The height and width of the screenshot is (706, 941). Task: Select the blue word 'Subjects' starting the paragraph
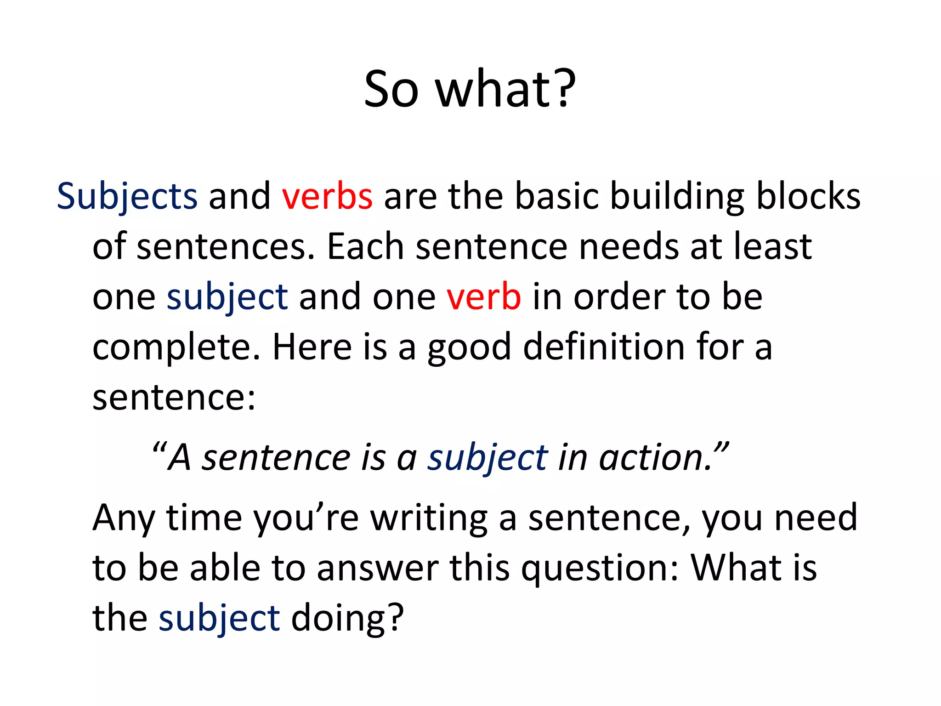click(127, 197)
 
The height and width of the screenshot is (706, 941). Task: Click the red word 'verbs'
click(327, 197)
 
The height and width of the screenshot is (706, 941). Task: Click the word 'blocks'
click(808, 197)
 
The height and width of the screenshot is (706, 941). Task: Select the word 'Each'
click(365, 247)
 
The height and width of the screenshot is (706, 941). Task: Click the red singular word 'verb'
click(484, 297)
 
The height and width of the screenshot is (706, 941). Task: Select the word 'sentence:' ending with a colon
click(174, 397)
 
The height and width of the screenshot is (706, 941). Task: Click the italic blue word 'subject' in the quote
click(487, 459)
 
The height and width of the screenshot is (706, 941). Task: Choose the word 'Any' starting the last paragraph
click(123, 518)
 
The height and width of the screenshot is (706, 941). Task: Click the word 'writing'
click(429, 518)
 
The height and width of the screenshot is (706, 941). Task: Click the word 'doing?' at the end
click(347, 619)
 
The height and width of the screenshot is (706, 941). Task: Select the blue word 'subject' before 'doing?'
click(219, 619)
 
